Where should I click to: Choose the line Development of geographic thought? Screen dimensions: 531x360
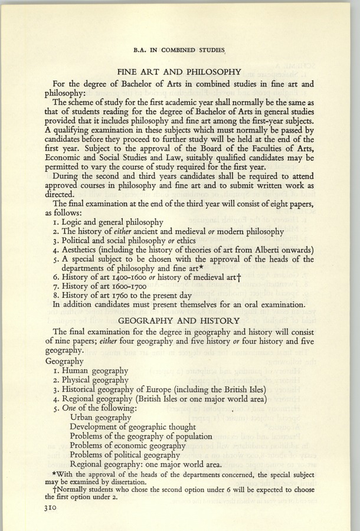[133, 426]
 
